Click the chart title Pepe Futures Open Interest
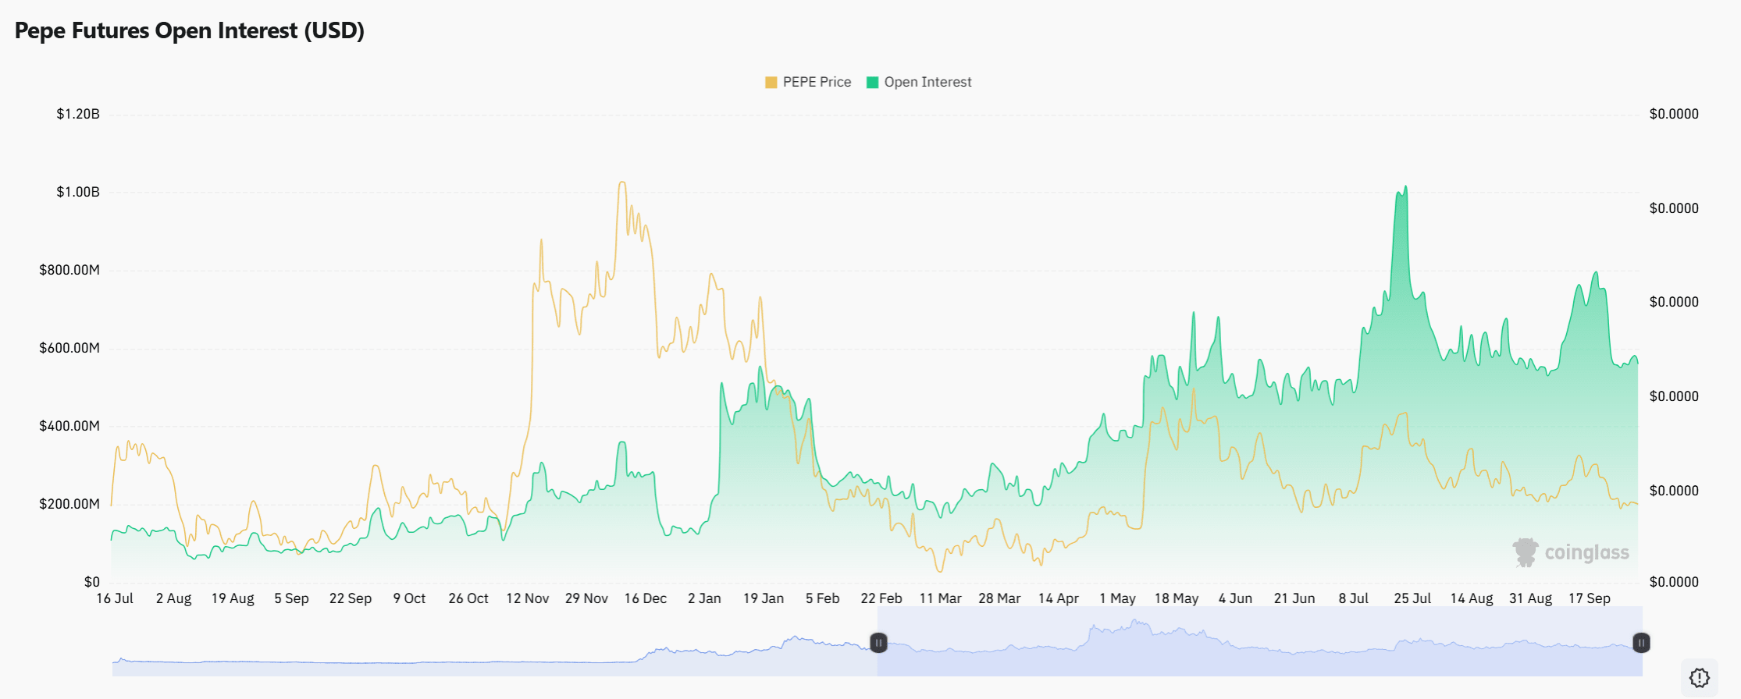(x=190, y=30)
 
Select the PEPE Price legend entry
(x=808, y=82)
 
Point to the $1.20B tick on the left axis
(x=78, y=114)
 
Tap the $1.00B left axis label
(x=78, y=192)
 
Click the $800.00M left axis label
(x=69, y=270)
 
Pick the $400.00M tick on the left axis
(x=69, y=426)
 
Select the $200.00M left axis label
(x=69, y=504)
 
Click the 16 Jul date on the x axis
(x=115, y=598)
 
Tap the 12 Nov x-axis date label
(x=527, y=598)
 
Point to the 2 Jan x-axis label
(x=704, y=598)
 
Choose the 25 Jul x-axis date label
(x=1412, y=598)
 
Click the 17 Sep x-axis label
(x=1589, y=598)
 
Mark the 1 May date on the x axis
(x=1117, y=598)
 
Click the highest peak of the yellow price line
(x=622, y=183)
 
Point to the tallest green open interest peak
(x=1405, y=186)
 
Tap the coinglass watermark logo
(x=1571, y=552)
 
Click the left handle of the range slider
(x=878, y=643)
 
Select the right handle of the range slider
(x=1641, y=643)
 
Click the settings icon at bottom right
(x=1700, y=677)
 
